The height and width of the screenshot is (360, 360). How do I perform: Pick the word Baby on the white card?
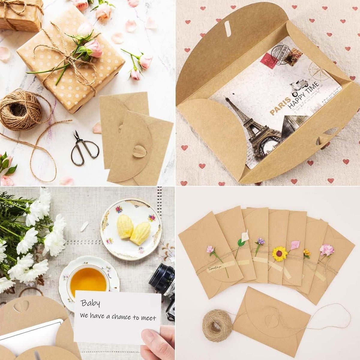click(x=90, y=304)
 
